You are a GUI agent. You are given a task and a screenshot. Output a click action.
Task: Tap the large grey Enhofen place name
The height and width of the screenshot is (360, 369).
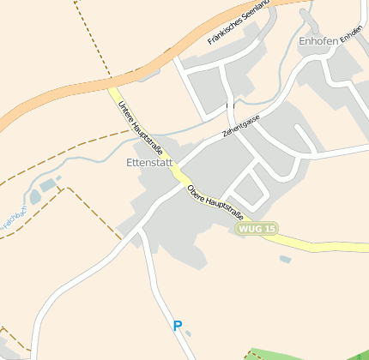click(x=318, y=40)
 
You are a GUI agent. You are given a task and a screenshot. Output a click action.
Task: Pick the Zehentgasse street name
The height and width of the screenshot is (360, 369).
click(x=240, y=127)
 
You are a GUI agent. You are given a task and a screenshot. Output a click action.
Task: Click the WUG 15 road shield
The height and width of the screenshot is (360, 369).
click(x=257, y=229)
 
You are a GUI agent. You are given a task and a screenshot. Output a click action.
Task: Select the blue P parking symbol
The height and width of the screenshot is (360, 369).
click(x=178, y=326)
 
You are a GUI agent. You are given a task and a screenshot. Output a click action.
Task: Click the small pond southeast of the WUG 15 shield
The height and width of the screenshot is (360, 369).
click(x=285, y=259)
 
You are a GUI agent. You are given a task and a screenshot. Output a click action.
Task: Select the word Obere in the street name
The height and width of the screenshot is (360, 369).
click(x=197, y=192)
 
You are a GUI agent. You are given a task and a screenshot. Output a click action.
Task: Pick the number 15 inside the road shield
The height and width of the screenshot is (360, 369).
click(x=269, y=229)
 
